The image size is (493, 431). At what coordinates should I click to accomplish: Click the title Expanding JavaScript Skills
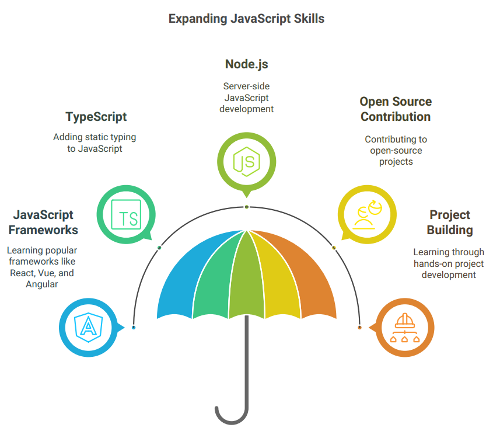246,19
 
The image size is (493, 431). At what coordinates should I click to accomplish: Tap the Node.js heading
246,64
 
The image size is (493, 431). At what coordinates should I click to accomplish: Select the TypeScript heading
96,117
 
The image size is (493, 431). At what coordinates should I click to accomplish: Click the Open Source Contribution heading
396,109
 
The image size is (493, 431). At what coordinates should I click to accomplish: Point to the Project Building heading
449,222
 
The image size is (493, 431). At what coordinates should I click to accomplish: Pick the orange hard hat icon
404,320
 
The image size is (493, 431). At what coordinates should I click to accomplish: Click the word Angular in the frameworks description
42,284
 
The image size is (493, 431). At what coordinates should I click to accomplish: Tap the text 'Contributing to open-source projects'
396,150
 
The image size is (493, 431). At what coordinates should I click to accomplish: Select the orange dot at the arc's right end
359,328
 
